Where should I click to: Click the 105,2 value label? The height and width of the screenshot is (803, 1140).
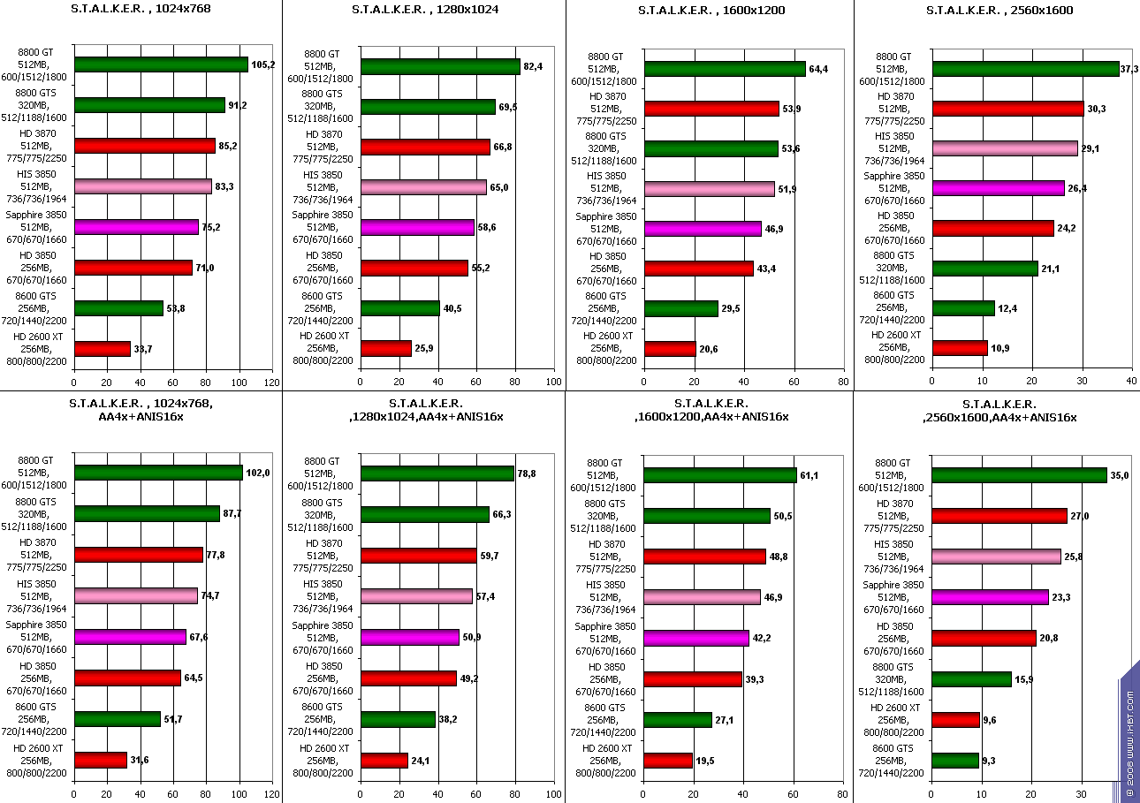(263, 64)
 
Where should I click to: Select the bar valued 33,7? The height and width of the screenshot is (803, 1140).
(103, 349)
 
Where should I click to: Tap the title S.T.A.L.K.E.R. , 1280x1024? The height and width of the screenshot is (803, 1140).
(424, 11)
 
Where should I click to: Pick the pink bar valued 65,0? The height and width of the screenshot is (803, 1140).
(424, 187)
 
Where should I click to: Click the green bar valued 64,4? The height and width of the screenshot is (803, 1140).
(725, 69)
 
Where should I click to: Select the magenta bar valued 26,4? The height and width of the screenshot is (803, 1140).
(999, 188)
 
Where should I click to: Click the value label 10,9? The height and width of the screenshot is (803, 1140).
(1000, 348)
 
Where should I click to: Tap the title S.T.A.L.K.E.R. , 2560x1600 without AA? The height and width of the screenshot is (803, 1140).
(995, 11)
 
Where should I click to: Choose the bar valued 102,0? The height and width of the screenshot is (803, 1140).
(159, 473)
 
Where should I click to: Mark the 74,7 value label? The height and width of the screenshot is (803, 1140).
(210, 595)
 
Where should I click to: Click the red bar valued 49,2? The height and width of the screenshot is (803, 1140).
(409, 678)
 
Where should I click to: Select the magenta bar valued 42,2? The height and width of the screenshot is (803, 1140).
(696, 638)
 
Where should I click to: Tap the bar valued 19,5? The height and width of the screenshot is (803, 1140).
(668, 761)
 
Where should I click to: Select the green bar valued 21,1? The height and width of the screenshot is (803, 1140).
(985, 269)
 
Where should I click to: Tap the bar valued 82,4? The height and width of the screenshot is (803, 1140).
(440, 67)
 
